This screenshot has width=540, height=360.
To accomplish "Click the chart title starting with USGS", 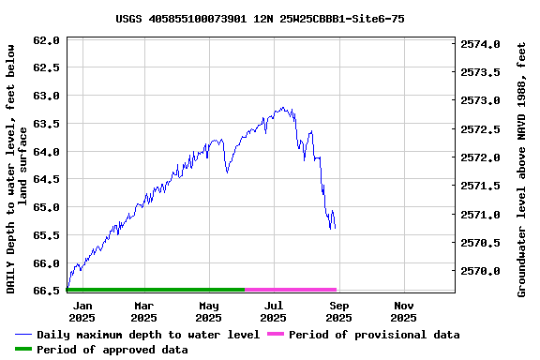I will (x=261, y=19).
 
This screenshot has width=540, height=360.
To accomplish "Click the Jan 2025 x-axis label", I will (x=82, y=311).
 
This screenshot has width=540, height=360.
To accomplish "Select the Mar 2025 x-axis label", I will (x=144, y=311).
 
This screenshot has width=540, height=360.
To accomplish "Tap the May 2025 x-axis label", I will (x=209, y=311).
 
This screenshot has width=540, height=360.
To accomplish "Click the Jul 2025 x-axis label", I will (x=274, y=311).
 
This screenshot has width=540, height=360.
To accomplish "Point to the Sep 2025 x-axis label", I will (x=339, y=311).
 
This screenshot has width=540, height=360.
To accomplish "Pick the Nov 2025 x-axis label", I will (x=404, y=311).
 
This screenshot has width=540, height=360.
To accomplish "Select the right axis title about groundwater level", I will (x=522, y=167).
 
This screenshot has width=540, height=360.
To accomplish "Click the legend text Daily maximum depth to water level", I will (x=148, y=335).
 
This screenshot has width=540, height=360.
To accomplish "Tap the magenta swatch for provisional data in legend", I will (x=276, y=335).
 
